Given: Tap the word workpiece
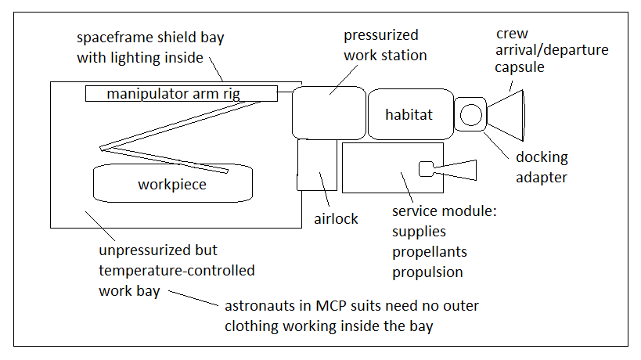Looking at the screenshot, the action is point(172,185).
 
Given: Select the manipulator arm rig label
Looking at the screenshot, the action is point(173,94).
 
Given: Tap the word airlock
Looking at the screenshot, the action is point(336,219).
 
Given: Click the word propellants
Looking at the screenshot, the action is point(429,252).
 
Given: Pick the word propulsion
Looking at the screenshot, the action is point(427,272).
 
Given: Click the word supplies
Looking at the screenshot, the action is point(419,232).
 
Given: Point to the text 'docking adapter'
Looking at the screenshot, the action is point(542,167).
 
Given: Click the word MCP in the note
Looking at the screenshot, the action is point(330,306).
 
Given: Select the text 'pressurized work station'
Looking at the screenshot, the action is point(385,45).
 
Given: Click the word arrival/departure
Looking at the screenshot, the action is point(552,50).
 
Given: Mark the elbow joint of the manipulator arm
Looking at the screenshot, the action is point(102,149).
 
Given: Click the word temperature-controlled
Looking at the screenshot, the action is point(177,271).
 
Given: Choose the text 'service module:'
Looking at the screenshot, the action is point(445,211).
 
